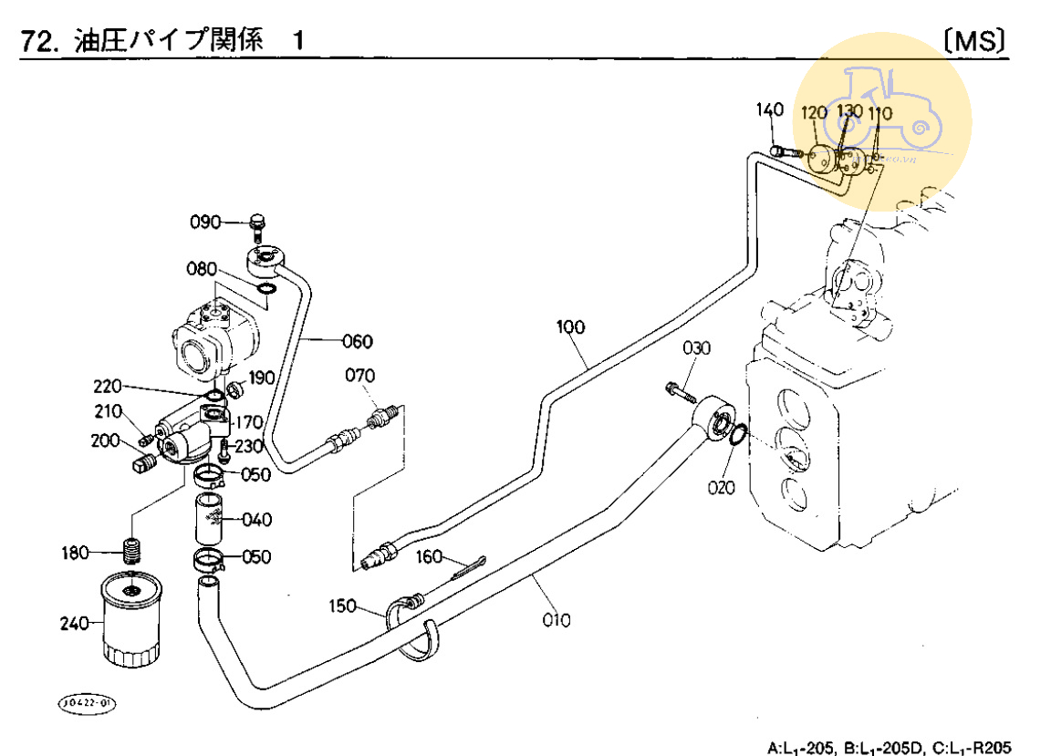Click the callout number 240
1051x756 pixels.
[x=75, y=624]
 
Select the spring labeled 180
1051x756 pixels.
[x=134, y=552]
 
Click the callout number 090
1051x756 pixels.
[x=205, y=223]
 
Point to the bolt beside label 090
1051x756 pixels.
[x=256, y=226]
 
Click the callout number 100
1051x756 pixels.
[x=571, y=326]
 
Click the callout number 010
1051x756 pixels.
[x=556, y=620]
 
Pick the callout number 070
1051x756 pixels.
[x=359, y=375]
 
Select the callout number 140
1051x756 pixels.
[x=769, y=110]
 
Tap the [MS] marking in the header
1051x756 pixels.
[x=975, y=40]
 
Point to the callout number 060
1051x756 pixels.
[x=358, y=342]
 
